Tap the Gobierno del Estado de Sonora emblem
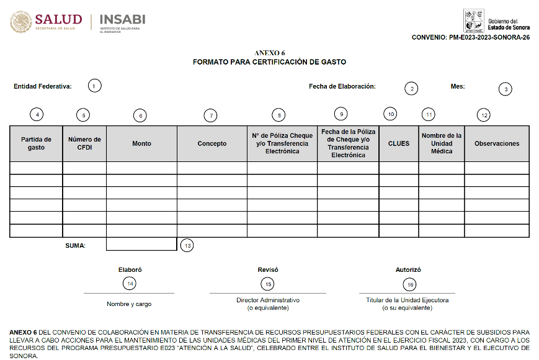[473, 21]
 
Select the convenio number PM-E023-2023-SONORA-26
[471, 38]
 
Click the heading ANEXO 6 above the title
[270, 53]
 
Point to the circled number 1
[94, 86]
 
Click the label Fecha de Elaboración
[342, 87]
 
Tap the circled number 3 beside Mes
[506, 89]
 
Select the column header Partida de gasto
[36, 143]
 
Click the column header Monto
[141, 143]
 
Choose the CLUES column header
[399, 143]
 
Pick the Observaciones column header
[497, 143]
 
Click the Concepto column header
[212, 143]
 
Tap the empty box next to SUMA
[141, 245]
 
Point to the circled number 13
[187, 245]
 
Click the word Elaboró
[129, 270]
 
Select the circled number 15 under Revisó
[268, 284]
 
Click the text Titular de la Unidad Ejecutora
[407, 300]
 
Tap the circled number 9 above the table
[340, 114]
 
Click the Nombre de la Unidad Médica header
[442, 143]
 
